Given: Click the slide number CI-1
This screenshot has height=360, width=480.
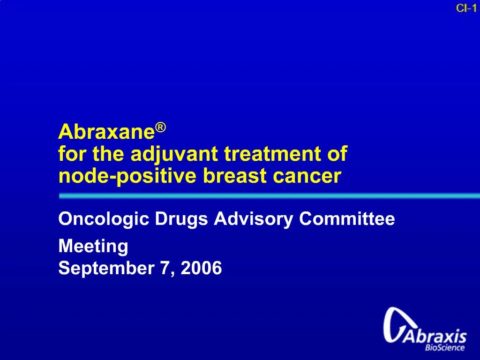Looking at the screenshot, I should pos(466,7).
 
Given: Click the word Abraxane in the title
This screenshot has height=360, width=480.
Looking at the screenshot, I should pos(106,133).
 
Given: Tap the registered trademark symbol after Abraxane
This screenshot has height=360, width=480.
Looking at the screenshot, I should pos(161,127).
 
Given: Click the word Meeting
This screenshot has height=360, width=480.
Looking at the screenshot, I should pos(93,246).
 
